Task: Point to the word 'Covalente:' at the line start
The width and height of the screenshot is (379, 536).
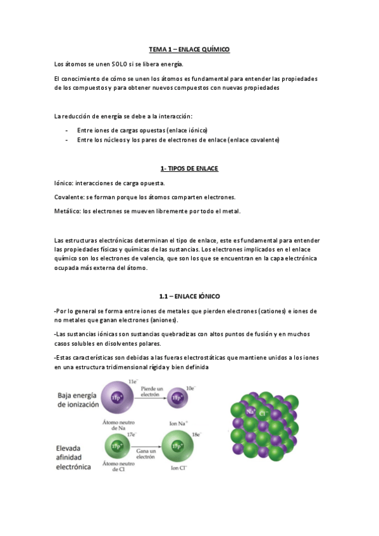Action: [x=70, y=197]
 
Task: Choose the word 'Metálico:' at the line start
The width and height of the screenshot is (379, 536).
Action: [x=68, y=211]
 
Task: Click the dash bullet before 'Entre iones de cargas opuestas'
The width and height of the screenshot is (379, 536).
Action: [x=66, y=130]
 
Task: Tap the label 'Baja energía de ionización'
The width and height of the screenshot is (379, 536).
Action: [x=81, y=400]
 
